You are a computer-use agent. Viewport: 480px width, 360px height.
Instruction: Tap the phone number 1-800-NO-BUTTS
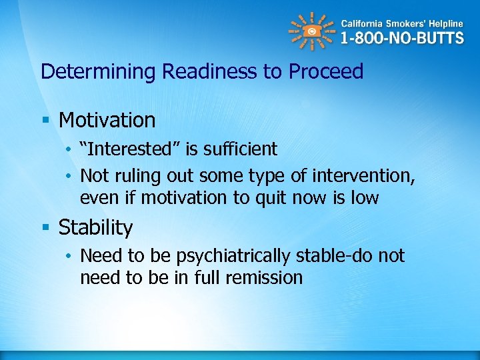401,38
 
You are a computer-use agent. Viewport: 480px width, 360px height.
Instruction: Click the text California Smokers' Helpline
402,23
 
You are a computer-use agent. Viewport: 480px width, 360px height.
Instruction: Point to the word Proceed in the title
326,72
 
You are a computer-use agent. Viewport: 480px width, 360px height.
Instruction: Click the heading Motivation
107,120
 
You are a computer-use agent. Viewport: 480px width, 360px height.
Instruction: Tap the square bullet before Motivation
45,121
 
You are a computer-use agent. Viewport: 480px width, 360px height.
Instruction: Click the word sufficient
236,149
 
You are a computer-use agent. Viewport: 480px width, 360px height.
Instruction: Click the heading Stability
95,227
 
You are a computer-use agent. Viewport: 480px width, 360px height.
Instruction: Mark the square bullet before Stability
45,228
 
